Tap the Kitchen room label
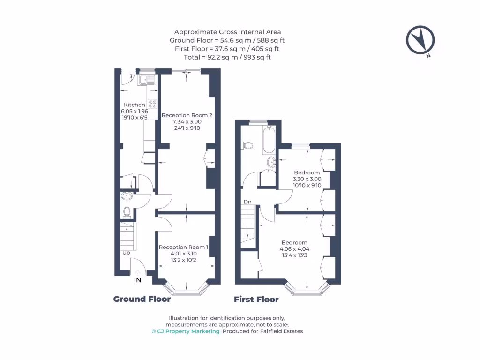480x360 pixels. (134, 105)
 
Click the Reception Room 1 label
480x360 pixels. (183, 247)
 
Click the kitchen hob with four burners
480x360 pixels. (153, 104)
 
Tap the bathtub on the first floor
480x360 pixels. (269, 139)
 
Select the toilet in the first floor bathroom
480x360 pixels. (247, 145)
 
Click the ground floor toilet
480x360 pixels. (126, 212)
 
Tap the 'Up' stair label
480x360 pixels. (126, 253)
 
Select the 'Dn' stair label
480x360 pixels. (247, 202)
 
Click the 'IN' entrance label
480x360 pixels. (137, 280)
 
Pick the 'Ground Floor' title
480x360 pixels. (142, 299)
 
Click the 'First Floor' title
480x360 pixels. (256, 300)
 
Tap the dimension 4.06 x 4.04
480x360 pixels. (294, 249)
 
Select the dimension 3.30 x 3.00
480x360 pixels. (307, 179)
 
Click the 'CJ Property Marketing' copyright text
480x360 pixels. (185, 331)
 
